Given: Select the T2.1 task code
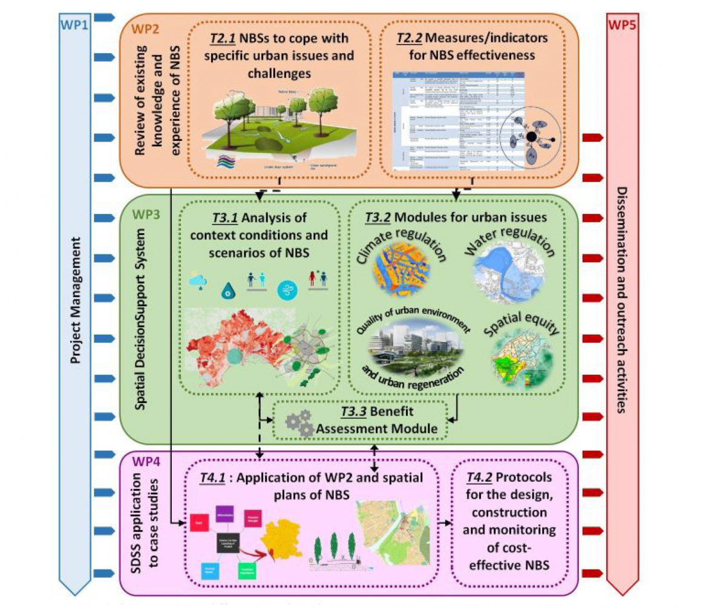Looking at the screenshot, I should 222,39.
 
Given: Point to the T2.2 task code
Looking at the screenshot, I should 409,39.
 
